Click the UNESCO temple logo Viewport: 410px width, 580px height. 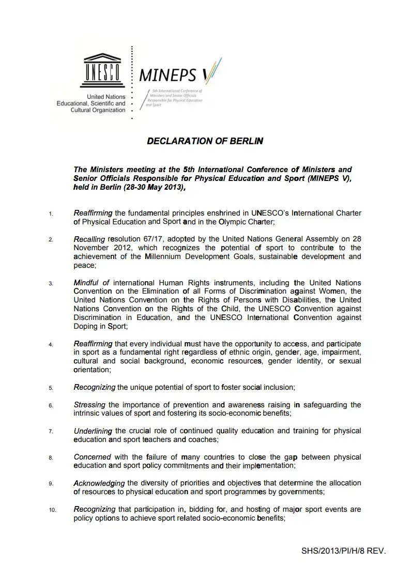pos(100,70)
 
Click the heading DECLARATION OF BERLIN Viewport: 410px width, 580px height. pos(205,141)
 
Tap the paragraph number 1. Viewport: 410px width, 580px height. pos(51,213)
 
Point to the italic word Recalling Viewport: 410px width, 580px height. pos(89,239)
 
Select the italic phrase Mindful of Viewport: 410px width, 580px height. pos(92,283)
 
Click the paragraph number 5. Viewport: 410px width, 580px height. pos(51,388)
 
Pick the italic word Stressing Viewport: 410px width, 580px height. pos(89,405)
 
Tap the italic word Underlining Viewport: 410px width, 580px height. pos(93,431)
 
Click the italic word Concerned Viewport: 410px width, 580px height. pos(92,457)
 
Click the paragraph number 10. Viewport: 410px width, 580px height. pos(52,510)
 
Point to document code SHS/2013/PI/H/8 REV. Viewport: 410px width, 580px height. pos(343,551)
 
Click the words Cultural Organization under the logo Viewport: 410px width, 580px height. pos(98,110)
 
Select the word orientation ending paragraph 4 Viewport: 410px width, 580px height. pos(92,370)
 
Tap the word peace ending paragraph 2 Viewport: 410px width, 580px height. pos(84,265)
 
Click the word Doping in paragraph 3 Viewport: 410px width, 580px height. pos(86,326)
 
